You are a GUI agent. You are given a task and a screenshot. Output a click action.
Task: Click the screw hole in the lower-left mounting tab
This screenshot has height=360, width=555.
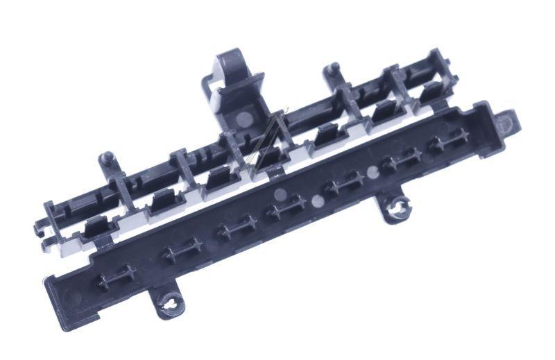pyautogui.click(x=170, y=301)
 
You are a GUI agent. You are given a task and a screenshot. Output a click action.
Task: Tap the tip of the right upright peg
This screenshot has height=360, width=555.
pyautogui.click(x=334, y=68)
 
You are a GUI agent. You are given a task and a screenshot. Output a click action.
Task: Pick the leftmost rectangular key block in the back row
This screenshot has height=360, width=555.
pyautogui.click(x=98, y=226)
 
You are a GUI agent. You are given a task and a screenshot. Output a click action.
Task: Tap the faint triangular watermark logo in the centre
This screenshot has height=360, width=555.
pyautogui.click(x=266, y=142)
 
